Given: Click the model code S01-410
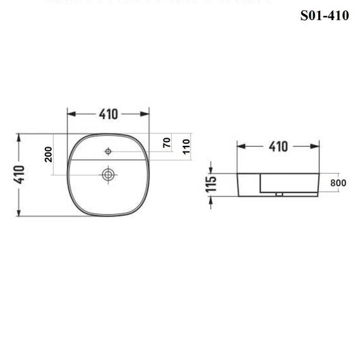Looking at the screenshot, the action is (x=325, y=16).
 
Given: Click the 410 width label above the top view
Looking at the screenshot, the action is (x=109, y=114).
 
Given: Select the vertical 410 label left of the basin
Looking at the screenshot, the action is (x=19, y=174).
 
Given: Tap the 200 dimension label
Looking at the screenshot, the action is (x=49, y=155).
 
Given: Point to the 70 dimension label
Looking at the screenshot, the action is (x=167, y=143).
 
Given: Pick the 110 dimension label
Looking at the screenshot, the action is (x=186, y=147).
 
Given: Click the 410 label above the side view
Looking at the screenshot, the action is (x=279, y=147).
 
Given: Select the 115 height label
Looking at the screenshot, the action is (x=211, y=184).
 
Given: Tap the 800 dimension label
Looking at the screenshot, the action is (x=338, y=183).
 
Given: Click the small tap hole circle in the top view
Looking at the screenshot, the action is (x=108, y=152).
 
